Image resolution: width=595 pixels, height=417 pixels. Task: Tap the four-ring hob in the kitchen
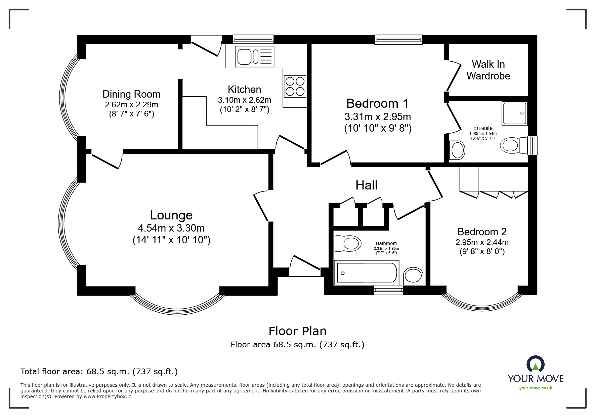295,86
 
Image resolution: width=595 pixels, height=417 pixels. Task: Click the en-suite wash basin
457,150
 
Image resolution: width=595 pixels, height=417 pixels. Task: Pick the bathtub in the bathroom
366,273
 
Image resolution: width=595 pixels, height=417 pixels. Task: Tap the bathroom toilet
347,243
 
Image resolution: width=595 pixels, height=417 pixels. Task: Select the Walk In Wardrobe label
488,70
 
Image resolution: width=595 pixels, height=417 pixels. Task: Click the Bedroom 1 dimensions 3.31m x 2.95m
378,117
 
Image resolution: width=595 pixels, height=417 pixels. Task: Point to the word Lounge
171,215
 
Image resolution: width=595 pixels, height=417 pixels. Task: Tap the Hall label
367,185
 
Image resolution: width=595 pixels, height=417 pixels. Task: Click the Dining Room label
131,94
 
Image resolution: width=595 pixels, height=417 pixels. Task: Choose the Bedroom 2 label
482,232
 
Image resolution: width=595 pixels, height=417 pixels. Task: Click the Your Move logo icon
535,364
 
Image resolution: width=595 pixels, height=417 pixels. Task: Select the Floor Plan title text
297,331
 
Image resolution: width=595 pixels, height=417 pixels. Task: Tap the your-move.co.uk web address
536,388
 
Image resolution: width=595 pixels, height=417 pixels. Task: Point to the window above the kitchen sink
253,40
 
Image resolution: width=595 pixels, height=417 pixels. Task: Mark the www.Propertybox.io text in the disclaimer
108,396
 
